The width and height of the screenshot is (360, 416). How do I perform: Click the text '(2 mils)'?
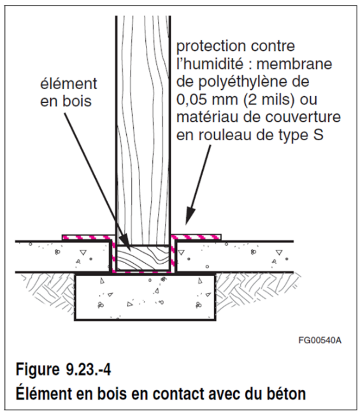270,100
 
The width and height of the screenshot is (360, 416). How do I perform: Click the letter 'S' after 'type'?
318,135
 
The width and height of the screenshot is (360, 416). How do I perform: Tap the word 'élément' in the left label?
69,84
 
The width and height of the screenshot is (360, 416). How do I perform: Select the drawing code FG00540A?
320,340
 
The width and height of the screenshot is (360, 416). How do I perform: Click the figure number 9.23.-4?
88,369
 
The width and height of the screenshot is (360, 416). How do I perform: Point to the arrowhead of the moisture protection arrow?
189,217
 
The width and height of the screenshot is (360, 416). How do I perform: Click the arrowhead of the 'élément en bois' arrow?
126,243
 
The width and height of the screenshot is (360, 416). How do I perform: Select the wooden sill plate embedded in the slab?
143,258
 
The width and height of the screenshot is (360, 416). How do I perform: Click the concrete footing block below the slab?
145,298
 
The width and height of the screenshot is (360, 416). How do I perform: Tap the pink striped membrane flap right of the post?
196,237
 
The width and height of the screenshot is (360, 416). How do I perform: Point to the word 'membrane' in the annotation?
294,64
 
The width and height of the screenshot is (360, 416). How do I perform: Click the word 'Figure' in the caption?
38,370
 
